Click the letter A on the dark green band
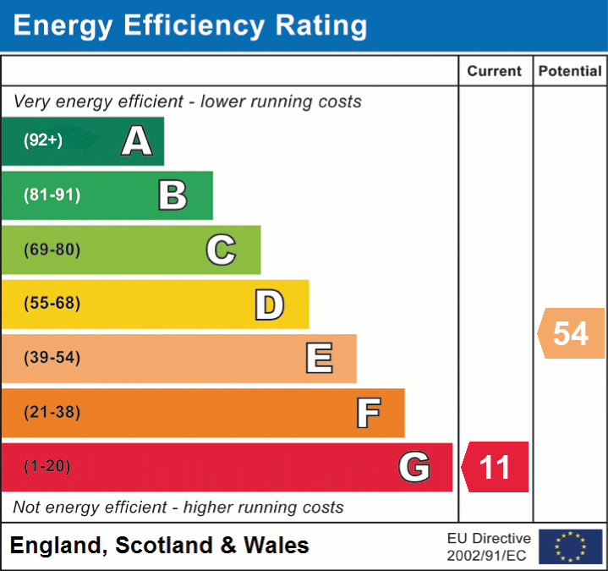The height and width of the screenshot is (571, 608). [x=137, y=141]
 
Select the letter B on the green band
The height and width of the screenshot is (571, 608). [x=173, y=195]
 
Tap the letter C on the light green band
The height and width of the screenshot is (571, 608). [x=221, y=250]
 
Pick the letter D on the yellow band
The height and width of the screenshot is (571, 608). [x=269, y=305]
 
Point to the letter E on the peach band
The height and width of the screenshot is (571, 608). [x=318, y=359]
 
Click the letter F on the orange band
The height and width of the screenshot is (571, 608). [x=368, y=413]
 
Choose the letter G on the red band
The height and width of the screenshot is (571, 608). [x=414, y=467]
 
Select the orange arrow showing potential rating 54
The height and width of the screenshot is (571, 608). [x=571, y=333]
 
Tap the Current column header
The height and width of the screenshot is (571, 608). [x=496, y=72]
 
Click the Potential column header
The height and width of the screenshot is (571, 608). [x=570, y=72]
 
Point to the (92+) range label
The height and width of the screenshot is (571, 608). [x=43, y=140]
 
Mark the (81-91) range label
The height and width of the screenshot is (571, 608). [x=52, y=195]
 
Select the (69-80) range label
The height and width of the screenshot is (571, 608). [x=52, y=250]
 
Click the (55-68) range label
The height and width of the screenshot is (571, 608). [x=52, y=304]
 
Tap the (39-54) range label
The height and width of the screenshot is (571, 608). [x=52, y=358]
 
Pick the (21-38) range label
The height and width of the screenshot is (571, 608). [x=52, y=412]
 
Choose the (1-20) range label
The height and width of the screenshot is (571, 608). [x=47, y=466]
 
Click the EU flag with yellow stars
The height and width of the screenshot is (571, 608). [x=570, y=546]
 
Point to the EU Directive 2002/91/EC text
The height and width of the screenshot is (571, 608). [x=489, y=546]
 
